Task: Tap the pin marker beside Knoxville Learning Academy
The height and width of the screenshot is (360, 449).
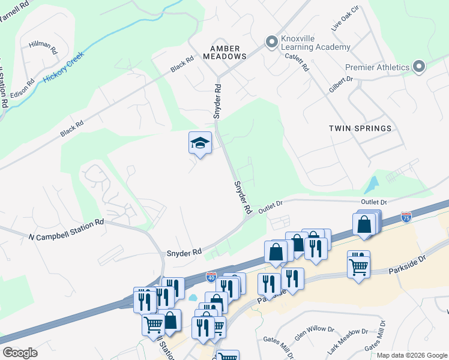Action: click(x=272, y=42)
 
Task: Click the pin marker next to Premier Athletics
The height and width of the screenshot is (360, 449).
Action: click(x=419, y=67)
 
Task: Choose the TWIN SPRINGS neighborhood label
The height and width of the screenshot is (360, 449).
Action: click(x=360, y=128)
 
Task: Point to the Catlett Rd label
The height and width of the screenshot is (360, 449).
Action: click(x=297, y=60)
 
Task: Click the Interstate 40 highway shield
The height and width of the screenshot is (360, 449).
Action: click(x=211, y=277)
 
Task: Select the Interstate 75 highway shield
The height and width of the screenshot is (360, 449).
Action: click(x=406, y=217)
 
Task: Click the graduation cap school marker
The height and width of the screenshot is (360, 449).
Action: click(x=200, y=143)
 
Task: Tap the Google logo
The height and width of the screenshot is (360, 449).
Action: click(x=20, y=353)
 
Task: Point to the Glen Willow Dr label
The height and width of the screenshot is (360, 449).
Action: click(x=315, y=329)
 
